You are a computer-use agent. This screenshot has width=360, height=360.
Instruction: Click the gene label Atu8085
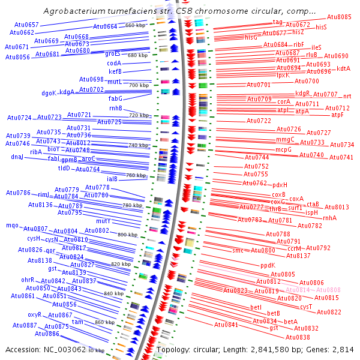pos(339,17)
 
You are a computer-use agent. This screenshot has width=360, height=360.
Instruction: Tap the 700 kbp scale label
pos(139,86)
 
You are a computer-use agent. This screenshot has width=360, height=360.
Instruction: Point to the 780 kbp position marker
pos(132,205)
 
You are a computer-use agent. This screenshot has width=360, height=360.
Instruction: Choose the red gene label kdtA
pos(343,68)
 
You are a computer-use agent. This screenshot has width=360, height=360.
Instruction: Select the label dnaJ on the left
pos(17,157)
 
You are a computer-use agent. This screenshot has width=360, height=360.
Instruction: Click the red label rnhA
pos(329,218)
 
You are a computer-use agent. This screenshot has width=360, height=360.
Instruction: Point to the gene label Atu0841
pos(226,325)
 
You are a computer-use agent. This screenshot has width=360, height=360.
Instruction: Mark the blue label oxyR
pos(34,314)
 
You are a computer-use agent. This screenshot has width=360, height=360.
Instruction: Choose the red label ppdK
pos(268,265)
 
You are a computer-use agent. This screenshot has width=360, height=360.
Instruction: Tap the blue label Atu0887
pos(25,325)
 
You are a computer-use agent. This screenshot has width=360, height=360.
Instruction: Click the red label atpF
pos(338,115)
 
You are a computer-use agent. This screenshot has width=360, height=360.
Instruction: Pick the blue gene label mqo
pos(12,226)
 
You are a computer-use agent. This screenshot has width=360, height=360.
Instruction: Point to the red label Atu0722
pos(259,121)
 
